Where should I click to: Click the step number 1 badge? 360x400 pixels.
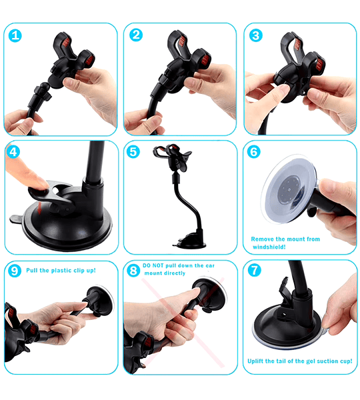pos(15,36)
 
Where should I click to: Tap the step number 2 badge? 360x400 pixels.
pos(136,35)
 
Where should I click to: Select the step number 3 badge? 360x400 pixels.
pos(255,35)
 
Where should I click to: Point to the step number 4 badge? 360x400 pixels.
pos(13,152)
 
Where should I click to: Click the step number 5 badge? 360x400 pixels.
pos(133,152)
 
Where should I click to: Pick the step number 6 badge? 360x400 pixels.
pos(253,152)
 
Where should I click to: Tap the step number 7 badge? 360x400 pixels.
pos(255,271)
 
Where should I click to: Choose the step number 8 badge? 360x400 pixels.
pos(133,271)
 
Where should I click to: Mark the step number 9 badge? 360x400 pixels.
pos(15,271)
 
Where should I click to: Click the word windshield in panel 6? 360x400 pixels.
pos(269,247)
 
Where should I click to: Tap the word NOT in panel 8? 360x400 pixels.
pos(158,265)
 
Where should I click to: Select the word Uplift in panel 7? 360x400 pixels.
pos(255,361)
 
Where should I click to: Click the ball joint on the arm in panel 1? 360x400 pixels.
pos(45,86)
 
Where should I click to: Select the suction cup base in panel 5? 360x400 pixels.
pos(191,242)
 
